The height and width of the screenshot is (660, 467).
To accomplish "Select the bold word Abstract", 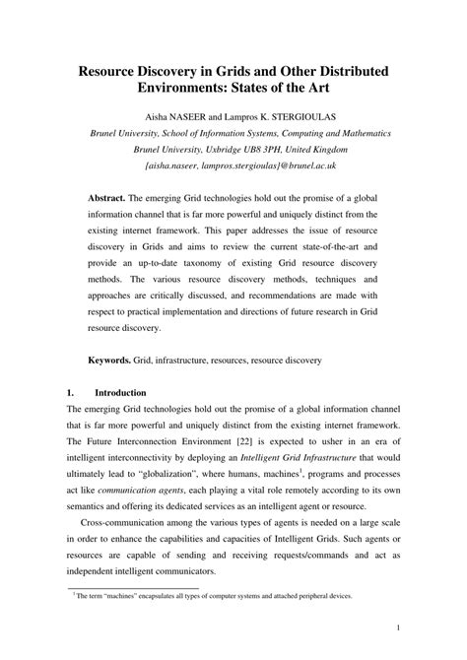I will (111, 198).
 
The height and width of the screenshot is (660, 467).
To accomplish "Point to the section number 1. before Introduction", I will (72, 392).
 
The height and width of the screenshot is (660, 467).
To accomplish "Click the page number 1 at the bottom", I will (395, 627).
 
